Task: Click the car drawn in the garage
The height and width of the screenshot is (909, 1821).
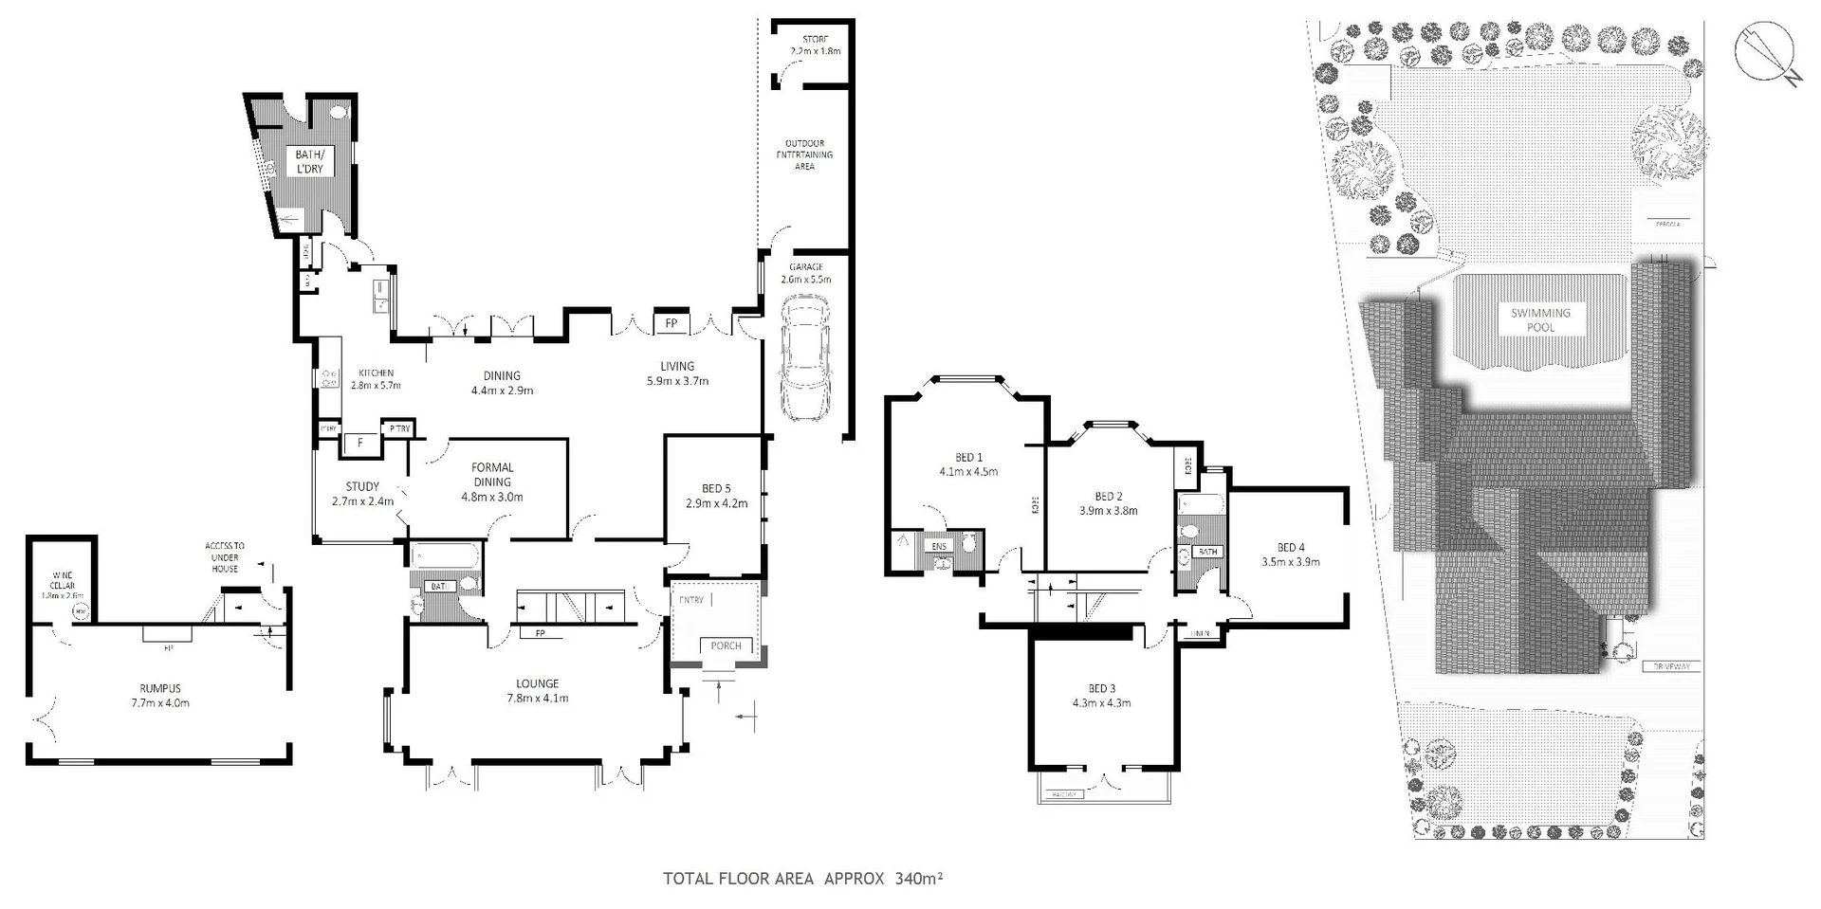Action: [x=804, y=357]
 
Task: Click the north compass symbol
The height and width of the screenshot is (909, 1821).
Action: [x=1764, y=51]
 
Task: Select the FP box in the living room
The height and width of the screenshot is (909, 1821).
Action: [x=671, y=323]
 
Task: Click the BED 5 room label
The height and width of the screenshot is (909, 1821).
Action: [x=716, y=489]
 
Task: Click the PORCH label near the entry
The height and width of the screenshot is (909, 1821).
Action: [x=726, y=645]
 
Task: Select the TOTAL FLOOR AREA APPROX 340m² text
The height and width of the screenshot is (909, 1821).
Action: [x=802, y=879]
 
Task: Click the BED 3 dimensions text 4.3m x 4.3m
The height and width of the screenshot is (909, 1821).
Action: [x=1101, y=702]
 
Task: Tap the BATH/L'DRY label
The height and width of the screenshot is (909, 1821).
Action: [x=309, y=161]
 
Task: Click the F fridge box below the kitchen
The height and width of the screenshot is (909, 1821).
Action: [x=359, y=443]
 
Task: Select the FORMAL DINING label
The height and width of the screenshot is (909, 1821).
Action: [x=492, y=474]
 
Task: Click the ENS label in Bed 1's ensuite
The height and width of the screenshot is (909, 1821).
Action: [x=939, y=547]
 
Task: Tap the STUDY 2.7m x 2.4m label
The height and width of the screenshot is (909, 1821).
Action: [x=362, y=493]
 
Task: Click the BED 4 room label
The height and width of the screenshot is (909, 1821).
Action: [x=1291, y=547]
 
